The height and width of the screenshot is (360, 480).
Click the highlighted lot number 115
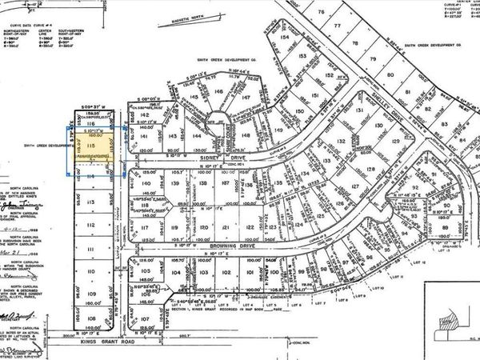(92, 147)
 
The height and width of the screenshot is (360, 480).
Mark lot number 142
(145, 115)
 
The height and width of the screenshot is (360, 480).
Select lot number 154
(284, 38)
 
